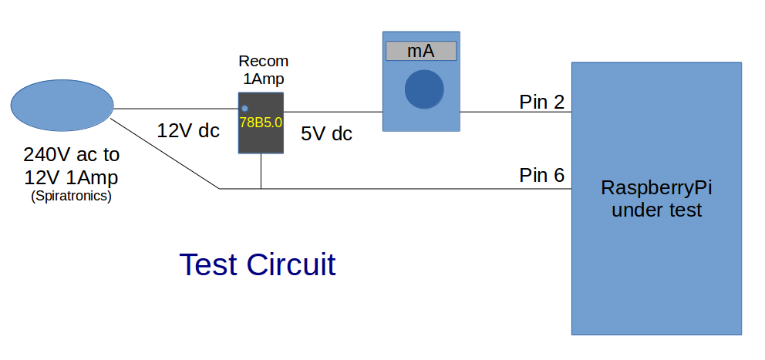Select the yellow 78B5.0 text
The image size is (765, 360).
click(x=261, y=123)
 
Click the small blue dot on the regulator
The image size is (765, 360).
click(x=244, y=109)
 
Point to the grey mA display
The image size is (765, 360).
click(x=421, y=51)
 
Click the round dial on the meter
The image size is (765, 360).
click(x=424, y=89)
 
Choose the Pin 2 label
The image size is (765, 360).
click(x=541, y=101)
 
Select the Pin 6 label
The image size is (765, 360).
click(x=541, y=175)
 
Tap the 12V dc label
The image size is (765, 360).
click(x=188, y=130)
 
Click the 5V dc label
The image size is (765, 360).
click(x=326, y=133)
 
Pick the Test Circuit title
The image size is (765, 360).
click(x=258, y=264)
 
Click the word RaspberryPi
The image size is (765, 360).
click(x=656, y=188)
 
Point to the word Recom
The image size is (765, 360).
click(x=263, y=62)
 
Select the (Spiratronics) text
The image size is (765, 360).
click(x=71, y=196)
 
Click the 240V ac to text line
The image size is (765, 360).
click(x=71, y=154)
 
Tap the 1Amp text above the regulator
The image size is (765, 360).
click(x=264, y=79)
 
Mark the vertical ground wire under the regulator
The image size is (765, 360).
click(x=261, y=171)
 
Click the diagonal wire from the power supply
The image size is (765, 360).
click(x=165, y=154)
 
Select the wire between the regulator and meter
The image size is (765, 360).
click(x=333, y=112)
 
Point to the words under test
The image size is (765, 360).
click(x=656, y=210)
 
